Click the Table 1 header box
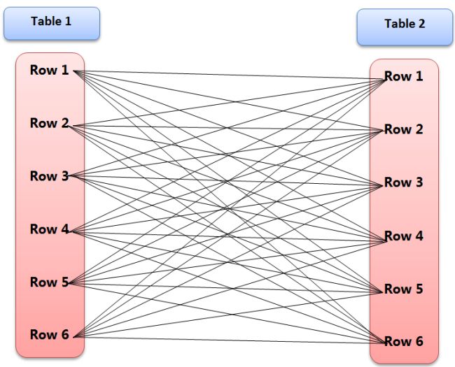(51, 23)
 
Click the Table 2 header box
(405, 27)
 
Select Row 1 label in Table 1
(49, 70)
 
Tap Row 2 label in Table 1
(49, 123)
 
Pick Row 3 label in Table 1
(49, 176)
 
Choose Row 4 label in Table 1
(49, 229)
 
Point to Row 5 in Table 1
(49, 282)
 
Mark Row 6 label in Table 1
(49, 335)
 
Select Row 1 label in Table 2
(403, 76)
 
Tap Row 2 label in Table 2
(403, 129)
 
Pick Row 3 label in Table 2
(403, 182)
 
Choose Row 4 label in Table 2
(403, 236)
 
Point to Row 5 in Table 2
(403, 289)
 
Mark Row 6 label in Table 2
(403, 342)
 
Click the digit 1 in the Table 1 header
(68, 21)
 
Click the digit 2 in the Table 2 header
(421, 24)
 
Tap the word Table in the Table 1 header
(45, 21)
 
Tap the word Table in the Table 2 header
(399, 24)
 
